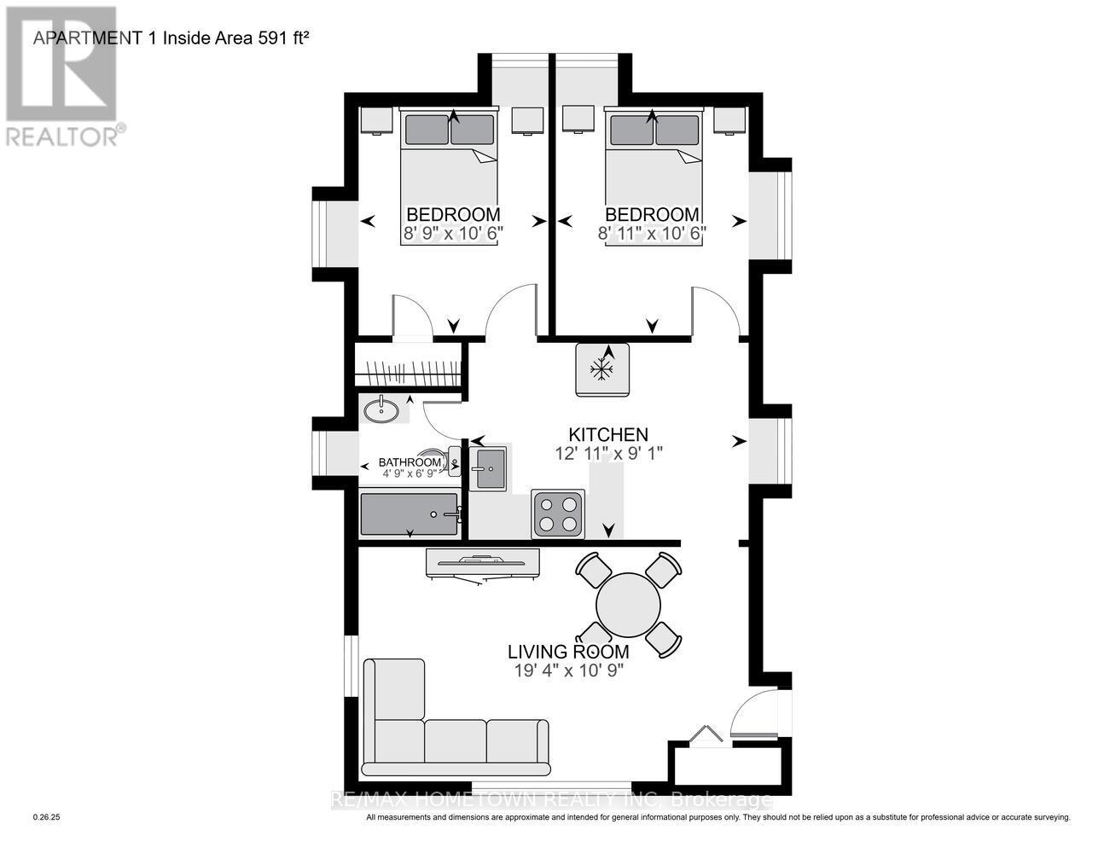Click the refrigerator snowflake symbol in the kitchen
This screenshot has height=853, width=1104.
click(603, 369)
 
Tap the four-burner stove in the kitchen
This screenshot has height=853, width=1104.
click(558, 514)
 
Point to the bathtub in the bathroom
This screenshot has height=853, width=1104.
click(410, 514)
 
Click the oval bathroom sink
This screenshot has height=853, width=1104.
click(381, 411)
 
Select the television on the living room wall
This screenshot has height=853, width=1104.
click(482, 563)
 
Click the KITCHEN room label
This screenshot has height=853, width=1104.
click(608, 434)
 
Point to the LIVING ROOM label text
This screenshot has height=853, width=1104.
click(568, 652)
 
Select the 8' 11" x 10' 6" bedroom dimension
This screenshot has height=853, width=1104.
click(653, 232)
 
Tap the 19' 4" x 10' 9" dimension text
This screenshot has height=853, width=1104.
click(568, 670)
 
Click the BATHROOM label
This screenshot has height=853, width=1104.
click(410, 462)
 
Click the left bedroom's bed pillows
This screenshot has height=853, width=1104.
click(449, 130)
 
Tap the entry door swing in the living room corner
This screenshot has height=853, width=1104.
click(752, 712)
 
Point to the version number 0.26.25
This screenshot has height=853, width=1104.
click(49, 817)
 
